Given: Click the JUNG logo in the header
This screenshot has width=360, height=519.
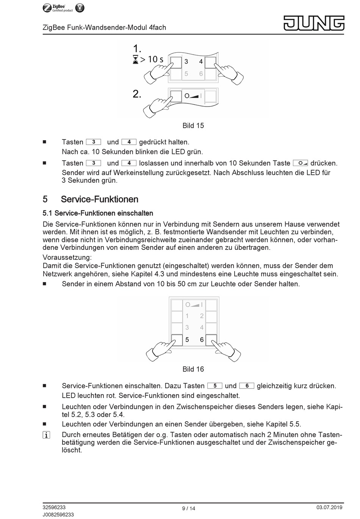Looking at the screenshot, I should (314, 23).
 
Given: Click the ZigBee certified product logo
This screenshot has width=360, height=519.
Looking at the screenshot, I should (63, 8).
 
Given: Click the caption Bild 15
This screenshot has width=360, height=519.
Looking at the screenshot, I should (193, 125).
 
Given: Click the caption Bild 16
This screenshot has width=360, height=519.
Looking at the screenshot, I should (193, 369).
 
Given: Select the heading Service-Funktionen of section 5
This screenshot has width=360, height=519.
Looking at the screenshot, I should (99, 199).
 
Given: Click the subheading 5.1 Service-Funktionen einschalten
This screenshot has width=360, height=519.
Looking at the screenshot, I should (98, 213).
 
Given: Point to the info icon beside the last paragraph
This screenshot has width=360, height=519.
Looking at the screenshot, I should (46, 435).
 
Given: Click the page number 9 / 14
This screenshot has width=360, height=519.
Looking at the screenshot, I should (188, 508).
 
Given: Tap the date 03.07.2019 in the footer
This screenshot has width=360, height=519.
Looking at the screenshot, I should (329, 507).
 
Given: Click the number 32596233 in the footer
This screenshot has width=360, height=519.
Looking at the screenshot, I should (54, 507).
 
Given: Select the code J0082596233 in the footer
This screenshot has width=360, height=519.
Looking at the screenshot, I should (58, 514).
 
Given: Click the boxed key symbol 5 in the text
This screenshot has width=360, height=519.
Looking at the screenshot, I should (215, 386).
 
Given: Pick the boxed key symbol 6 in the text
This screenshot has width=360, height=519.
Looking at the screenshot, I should (247, 386).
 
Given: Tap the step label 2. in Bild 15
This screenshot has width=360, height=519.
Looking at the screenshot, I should (137, 94).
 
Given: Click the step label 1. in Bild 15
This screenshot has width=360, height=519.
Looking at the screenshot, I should (137, 49).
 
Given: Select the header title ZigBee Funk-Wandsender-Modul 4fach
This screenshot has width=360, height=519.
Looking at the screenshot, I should (104, 27).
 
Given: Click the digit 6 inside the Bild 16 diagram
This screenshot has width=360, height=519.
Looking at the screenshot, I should (202, 340).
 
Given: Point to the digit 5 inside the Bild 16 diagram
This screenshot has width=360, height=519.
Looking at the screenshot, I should (187, 340).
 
